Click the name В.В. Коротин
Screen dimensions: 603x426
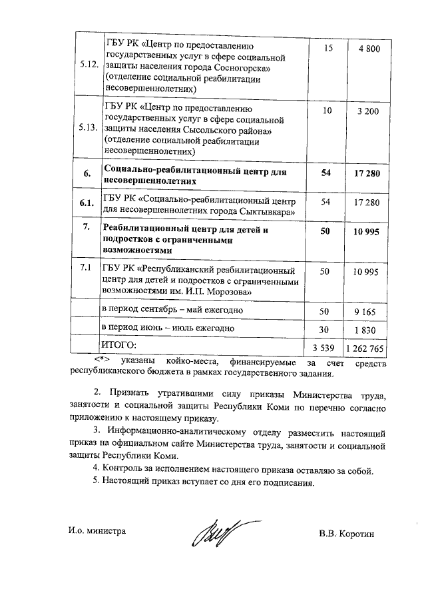click(x=347, y=533)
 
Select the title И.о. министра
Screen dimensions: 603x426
click(x=97, y=532)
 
